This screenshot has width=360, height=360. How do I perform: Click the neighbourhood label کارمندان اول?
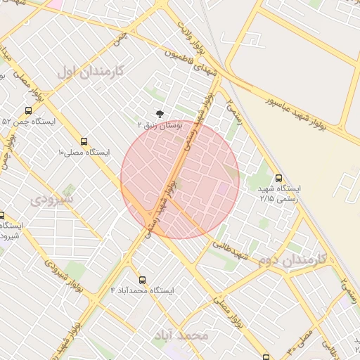[x=89, y=71]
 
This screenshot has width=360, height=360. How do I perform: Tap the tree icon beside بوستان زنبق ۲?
[x=160, y=112]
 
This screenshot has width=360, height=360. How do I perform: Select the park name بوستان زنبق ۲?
[x=161, y=124]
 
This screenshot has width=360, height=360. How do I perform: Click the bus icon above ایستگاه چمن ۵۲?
[x=28, y=110]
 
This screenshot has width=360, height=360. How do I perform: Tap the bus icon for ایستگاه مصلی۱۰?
[x=84, y=141]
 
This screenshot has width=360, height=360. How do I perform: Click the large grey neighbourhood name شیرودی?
[x=53, y=200]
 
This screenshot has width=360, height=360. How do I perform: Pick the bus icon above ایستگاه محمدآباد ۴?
[x=143, y=280]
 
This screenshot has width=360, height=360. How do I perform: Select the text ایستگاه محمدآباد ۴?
[x=142, y=290]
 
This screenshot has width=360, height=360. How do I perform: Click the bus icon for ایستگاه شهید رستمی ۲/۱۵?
[x=279, y=178]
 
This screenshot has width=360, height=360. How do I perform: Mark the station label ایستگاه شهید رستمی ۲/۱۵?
[x=279, y=194]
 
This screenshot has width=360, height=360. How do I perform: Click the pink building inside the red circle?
[x=223, y=188]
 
